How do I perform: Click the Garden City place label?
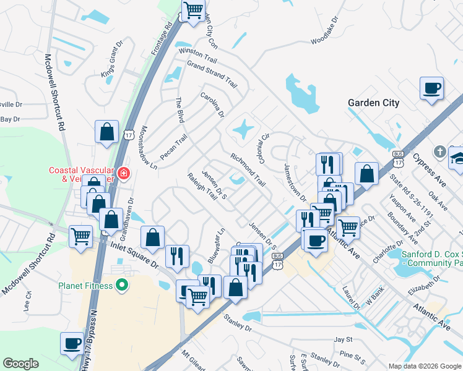(373, 103)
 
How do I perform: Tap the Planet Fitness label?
(85, 286)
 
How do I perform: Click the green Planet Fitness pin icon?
(122, 286)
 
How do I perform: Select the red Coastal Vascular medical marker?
(124, 173)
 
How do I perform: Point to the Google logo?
(20, 364)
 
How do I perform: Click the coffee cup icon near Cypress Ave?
(431, 88)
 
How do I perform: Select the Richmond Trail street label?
(248, 170)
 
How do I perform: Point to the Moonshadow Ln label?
(149, 148)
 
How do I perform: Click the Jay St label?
(343, 339)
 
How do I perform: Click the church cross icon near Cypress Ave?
(439, 151)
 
